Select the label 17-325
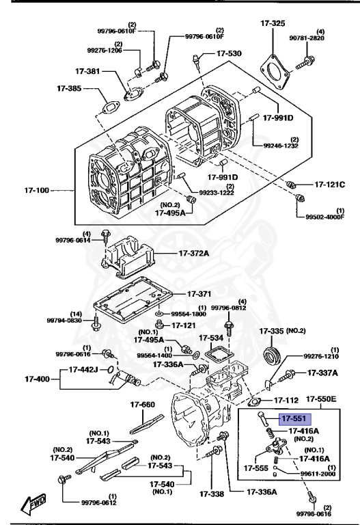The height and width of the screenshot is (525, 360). [272, 24]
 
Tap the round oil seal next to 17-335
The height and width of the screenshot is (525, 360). [273, 356]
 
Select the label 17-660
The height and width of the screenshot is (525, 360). [147, 405]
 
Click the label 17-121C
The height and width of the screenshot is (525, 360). [330, 185]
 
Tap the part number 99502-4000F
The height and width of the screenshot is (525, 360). [320, 217]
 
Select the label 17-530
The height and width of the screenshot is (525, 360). [229, 53]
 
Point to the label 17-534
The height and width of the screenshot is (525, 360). [211, 337]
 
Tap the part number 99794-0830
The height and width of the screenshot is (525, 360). [65, 320]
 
